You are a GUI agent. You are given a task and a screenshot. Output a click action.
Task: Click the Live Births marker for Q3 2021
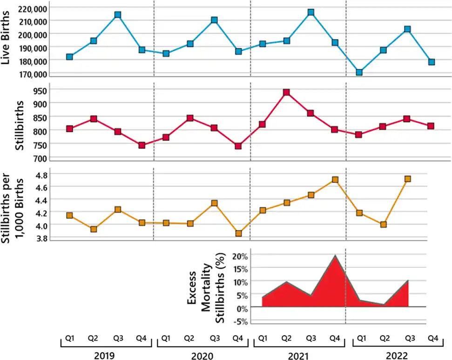click(x=311, y=12)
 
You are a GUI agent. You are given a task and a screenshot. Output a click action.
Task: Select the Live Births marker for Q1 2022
click(x=359, y=72)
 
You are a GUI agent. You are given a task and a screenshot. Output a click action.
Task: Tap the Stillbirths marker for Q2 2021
click(x=287, y=93)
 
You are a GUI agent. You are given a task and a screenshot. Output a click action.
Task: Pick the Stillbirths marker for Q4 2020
click(x=238, y=146)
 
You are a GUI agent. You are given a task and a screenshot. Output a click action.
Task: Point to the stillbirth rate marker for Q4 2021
click(x=335, y=180)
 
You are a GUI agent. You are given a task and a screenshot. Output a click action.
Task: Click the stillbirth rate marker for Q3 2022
click(x=408, y=179)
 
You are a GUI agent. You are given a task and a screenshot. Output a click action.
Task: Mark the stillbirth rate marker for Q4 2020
click(x=238, y=233)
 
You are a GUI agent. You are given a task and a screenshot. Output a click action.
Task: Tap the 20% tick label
click(x=242, y=256)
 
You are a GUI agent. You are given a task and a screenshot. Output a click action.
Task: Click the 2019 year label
click(x=104, y=356)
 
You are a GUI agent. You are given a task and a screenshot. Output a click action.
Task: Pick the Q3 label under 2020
click(x=214, y=339)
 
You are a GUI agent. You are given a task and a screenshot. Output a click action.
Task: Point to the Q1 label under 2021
click(x=263, y=339)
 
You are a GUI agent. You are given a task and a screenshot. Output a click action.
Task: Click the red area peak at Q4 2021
click(x=335, y=256)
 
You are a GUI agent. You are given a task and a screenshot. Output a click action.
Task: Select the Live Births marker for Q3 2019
click(x=118, y=15)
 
